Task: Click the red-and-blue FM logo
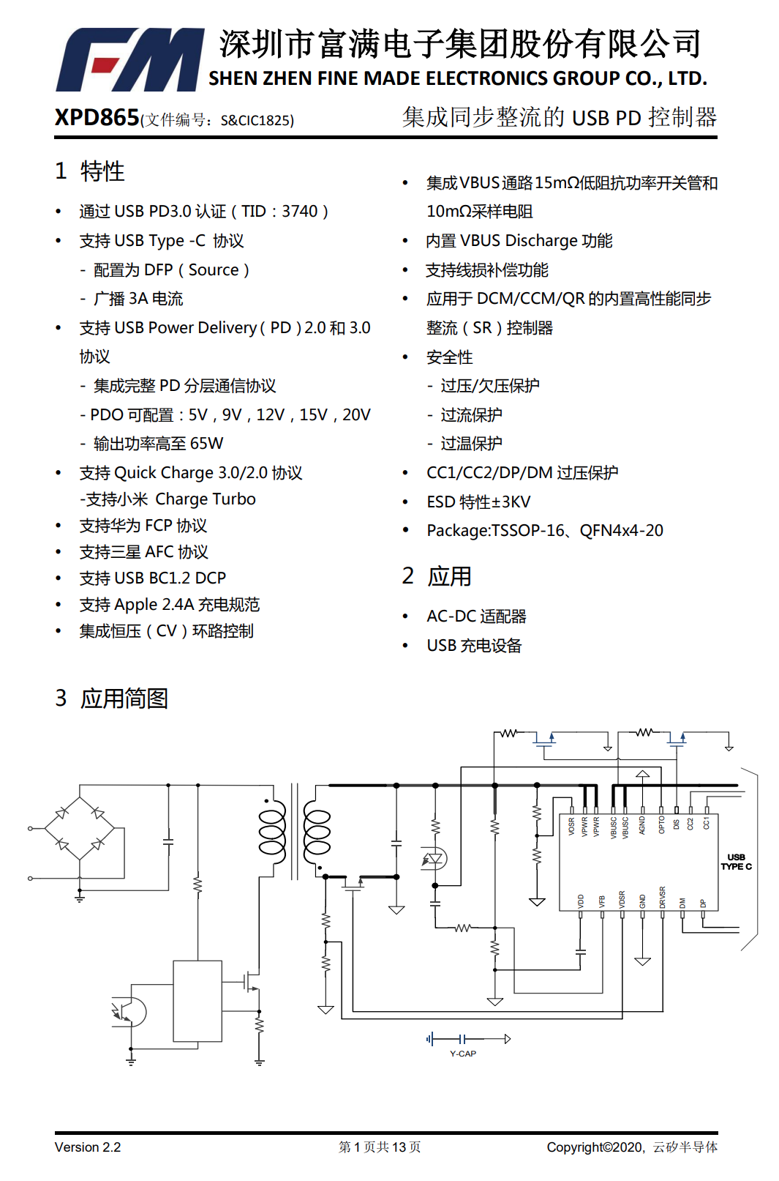[x=129, y=60]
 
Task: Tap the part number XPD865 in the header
[x=97, y=117]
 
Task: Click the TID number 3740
[x=300, y=212]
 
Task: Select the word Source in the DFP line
[x=214, y=270]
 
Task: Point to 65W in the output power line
[x=206, y=444]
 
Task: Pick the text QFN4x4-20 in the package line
[x=621, y=531]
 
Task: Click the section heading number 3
[x=61, y=698]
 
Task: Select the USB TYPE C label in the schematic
[x=736, y=862]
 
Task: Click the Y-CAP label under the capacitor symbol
[x=463, y=1054]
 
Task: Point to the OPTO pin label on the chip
[x=661, y=824]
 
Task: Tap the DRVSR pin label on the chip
[x=663, y=897]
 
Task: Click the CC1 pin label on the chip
[x=707, y=822]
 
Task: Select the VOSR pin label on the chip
[x=571, y=826]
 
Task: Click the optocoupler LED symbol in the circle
[x=434, y=858]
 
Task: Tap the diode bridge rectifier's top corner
[x=80, y=797]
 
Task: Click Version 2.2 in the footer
[x=88, y=1147]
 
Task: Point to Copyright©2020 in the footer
[x=595, y=1147]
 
